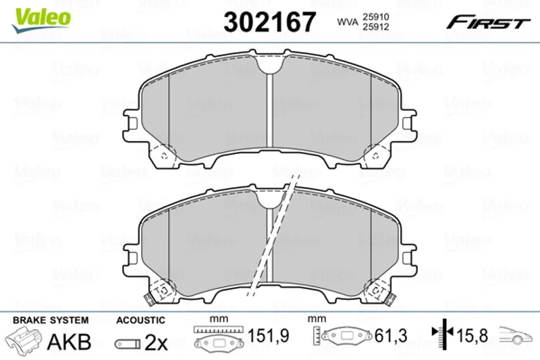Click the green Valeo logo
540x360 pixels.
40,20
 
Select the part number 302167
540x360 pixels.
269,22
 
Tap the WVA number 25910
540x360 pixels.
375,17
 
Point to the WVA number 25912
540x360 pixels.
375,27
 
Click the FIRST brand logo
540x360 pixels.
488,22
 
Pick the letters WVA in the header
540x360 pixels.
348,22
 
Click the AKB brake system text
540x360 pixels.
69,342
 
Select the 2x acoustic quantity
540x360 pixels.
156,342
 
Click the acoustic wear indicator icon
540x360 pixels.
128,344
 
